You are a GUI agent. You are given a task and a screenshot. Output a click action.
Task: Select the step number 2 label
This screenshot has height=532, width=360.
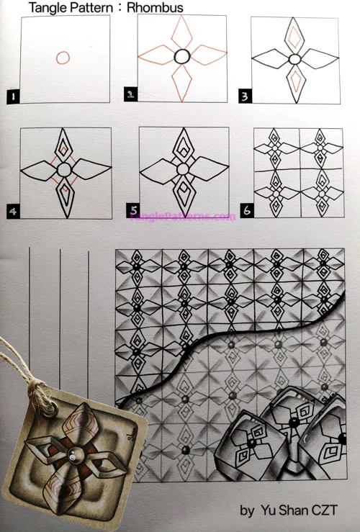point(130,95)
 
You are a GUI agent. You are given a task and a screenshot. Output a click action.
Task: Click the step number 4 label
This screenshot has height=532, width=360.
point(13,211)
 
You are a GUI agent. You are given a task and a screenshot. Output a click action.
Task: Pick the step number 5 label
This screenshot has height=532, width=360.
point(132,210)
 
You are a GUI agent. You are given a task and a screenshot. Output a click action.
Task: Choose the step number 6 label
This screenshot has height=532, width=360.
point(247,211)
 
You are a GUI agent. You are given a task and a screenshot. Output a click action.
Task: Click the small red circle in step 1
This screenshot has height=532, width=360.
point(63,58)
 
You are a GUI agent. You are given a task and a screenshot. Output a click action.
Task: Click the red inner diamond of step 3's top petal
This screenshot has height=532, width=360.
point(294,36)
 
